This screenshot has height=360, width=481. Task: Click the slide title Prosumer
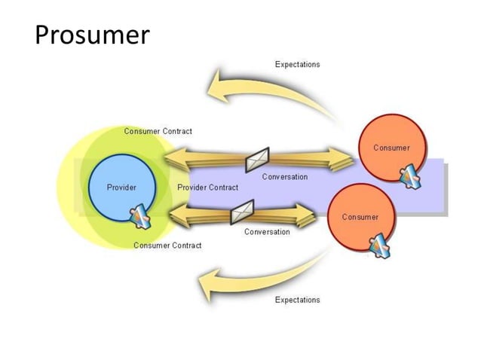(x=92, y=35)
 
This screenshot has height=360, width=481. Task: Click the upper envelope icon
(x=256, y=159)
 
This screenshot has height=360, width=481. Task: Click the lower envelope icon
(x=241, y=213)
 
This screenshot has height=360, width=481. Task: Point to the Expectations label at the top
(x=297, y=65)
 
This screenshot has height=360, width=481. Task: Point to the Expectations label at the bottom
(x=297, y=300)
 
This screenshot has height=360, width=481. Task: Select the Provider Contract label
(x=207, y=188)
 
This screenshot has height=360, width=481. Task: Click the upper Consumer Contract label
(x=158, y=131)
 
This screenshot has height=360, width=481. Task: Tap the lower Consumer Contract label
(x=167, y=246)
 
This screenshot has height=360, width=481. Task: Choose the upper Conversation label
(x=284, y=177)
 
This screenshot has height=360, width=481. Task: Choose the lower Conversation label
(x=266, y=232)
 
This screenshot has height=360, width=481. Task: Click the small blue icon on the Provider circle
(x=142, y=218)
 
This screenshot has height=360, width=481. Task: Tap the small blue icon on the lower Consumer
(x=379, y=246)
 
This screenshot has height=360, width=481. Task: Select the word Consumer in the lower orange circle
(x=360, y=217)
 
